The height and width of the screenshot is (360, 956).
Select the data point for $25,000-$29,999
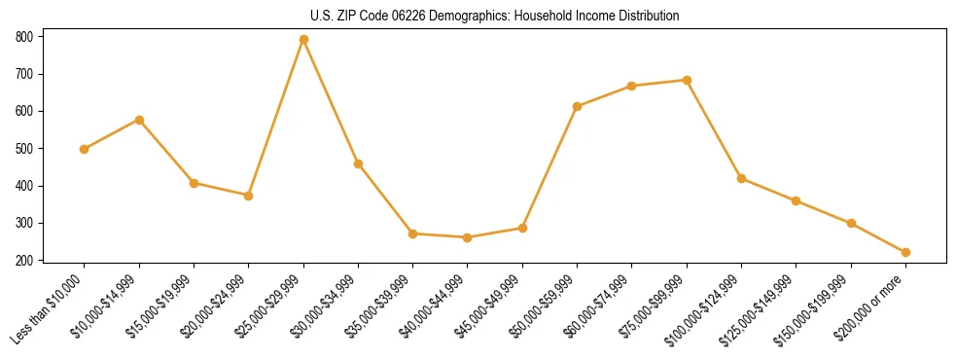tap(303, 40)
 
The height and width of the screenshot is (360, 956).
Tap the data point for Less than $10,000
tap(85, 149)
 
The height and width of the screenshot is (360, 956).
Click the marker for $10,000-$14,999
tap(139, 120)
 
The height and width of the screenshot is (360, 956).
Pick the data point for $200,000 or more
tap(905, 252)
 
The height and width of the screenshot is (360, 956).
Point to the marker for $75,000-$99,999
tap(687, 80)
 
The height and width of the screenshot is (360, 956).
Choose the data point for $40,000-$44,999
tap(468, 237)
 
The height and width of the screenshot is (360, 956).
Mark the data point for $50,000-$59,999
tap(577, 106)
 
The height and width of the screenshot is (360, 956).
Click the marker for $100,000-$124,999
tap(741, 178)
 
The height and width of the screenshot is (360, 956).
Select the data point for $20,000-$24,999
tap(249, 196)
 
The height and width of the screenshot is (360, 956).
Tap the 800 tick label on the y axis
tap(23, 37)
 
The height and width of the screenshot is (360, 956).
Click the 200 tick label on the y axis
tap(23, 261)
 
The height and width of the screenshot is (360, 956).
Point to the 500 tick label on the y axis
tap(23, 149)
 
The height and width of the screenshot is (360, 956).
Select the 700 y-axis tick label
tap(23, 74)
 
